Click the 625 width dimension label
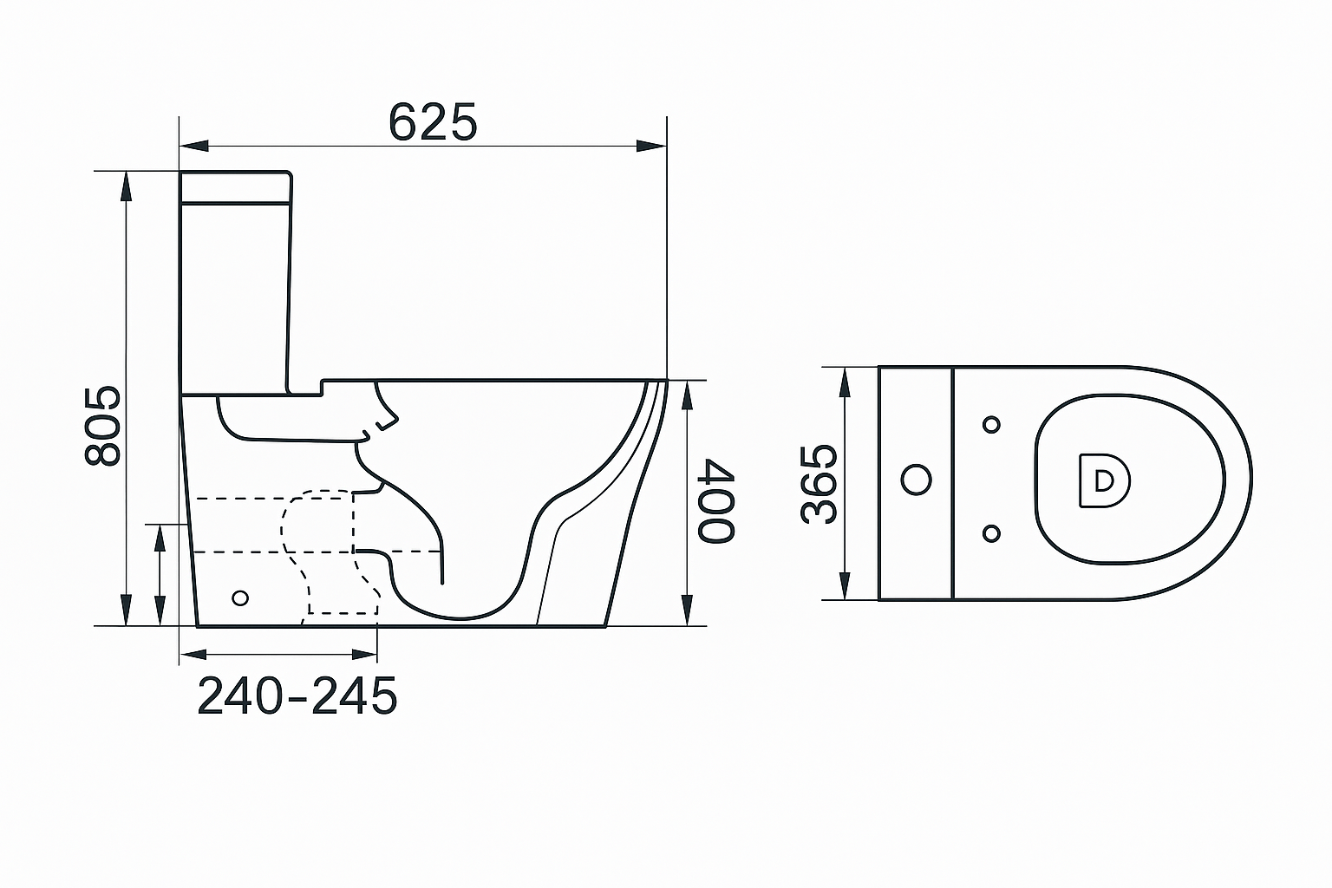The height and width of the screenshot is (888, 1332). tap(433, 122)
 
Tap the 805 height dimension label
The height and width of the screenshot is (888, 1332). tap(103, 425)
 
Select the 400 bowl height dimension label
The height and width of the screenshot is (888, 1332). tap(716, 500)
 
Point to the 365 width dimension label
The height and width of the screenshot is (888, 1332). tap(819, 484)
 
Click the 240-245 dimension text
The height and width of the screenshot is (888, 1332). tap(297, 695)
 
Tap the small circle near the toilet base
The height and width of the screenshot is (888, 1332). tap(240, 597)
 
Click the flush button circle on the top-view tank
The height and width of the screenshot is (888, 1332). tap(917, 480)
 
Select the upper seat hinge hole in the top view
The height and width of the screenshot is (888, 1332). tap(991, 425)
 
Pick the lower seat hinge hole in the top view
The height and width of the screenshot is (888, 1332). tap(991, 533)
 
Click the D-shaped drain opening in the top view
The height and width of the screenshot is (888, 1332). tap(1104, 480)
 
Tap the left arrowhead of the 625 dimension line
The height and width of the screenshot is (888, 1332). tap(194, 146)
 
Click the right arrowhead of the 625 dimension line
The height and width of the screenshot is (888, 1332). tap(651, 146)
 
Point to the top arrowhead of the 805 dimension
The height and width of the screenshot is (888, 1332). tap(126, 186)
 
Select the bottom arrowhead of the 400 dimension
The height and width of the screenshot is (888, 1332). tap(687, 610)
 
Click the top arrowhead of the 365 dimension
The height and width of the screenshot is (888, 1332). tap(845, 382)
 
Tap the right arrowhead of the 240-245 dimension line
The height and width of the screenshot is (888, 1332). tap(364, 655)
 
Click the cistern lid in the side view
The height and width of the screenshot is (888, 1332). tap(236, 186)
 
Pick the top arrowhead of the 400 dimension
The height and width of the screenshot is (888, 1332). tap(687, 395)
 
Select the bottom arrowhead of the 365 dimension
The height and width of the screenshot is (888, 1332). tap(845, 585)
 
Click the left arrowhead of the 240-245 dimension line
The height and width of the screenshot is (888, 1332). tap(193, 655)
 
